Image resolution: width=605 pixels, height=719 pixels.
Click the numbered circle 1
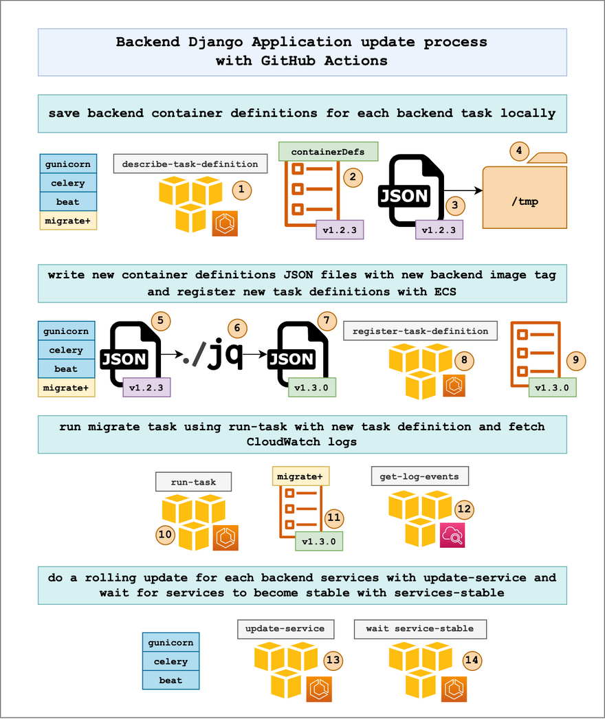click(x=241, y=189)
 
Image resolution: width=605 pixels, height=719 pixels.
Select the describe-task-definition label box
click(x=190, y=164)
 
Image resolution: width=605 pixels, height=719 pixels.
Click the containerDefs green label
click(x=328, y=151)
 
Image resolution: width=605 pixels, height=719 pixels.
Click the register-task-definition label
click(x=420, y=331)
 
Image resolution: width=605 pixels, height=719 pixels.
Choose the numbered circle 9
click(x=576, y=359)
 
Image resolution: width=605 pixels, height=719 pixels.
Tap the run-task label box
click(x=193, y=482)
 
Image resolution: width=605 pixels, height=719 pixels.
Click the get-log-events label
click(x=419, y=476)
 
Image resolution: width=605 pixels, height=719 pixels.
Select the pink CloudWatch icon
click(x=452, y=535)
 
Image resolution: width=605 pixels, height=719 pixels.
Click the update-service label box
click(x=285, y=628)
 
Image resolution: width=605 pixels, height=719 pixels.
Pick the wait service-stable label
click(x=419, y=628)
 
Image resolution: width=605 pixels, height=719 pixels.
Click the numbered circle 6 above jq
click(x=237, y=329)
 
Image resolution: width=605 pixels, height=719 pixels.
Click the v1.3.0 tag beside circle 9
click(x=552, y=388)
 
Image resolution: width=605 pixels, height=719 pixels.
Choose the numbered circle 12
click(x=464, y=509)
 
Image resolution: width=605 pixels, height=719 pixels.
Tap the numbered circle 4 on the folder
click(x=518, y=151)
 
